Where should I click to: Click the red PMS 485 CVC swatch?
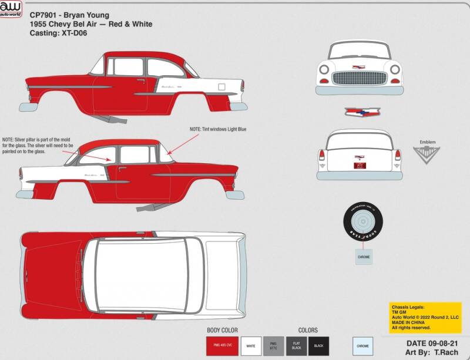pyautogui.click(x=221, y=345)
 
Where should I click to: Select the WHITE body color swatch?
pyautogui.click(x=251, y=345)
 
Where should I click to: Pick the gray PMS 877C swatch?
pyautogui.click(x=273, y=345)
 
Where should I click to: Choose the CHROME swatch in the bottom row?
pyautogui.click(x=363, y=345)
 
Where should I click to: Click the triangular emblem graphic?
pyautogui.click(x=427, y=154)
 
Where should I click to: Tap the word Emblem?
pyautogui.click(x=427, y=142)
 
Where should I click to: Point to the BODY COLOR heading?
pyautogui.click(x=222, y=331)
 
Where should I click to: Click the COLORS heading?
pyautogui.click(x=307, y=331)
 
